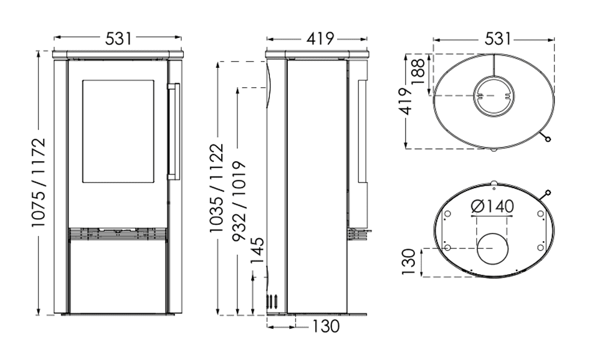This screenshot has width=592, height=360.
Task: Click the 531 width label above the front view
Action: pos(118,38)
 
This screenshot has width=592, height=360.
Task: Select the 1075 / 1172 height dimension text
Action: pos(39,182)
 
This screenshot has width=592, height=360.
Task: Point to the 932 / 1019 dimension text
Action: pos(239,202)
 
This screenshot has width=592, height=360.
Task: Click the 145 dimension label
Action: pos(257,252)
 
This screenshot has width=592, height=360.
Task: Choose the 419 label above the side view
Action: pos(320,39)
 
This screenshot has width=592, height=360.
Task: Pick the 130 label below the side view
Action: pos(325,326)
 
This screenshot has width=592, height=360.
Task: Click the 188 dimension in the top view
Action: pos(418,73)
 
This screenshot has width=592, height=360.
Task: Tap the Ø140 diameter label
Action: pos(492,206)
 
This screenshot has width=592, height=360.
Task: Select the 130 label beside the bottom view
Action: pos(409,262)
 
